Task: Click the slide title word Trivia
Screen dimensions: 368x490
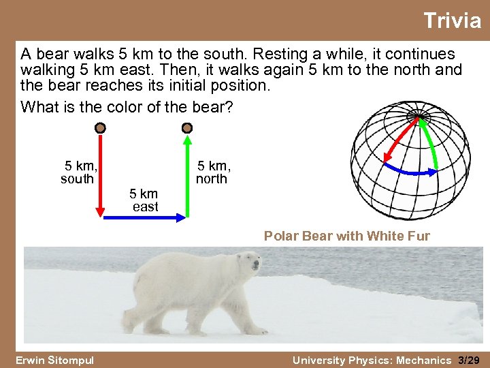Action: (452, 20)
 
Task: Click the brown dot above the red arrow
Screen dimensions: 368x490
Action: (100, 127)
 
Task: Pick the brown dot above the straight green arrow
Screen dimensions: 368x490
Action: (188, 127)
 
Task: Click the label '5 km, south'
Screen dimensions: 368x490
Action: (79, 172)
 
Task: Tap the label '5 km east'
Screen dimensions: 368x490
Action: (144, 200)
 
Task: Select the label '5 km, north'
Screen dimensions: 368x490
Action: (213, 172)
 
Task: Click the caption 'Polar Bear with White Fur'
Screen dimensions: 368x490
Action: (346, 236)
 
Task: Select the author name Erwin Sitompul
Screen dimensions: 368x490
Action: (54, 360)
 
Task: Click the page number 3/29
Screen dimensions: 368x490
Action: (470, 360)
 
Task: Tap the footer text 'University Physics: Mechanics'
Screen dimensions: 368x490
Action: (372, 360)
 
